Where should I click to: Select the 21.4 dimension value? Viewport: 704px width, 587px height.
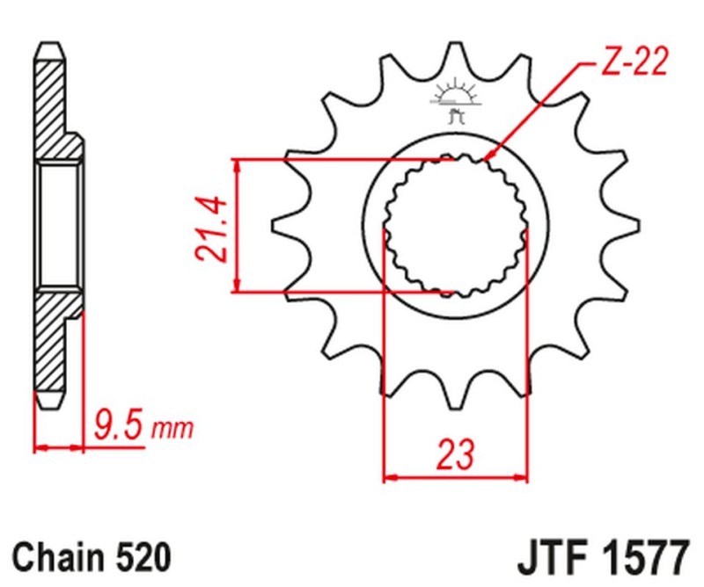pyautogui.click(x=211, y=227)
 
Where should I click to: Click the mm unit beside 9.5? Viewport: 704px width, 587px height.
pyautogui.click(x=172, y=431)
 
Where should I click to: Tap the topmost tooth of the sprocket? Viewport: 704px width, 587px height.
pyautogui.click(x=456, y=54)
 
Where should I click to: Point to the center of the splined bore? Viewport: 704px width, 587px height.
pyautogui.click(x=456, y=226)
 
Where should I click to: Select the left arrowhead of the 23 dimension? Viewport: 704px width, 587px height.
pyautogui.click(x=391, y=479)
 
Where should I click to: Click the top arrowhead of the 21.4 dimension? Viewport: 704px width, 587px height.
pyautogui.click(x=235, y=167)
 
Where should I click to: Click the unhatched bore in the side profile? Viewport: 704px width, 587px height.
pyautogui.click(x=59, y=226)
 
